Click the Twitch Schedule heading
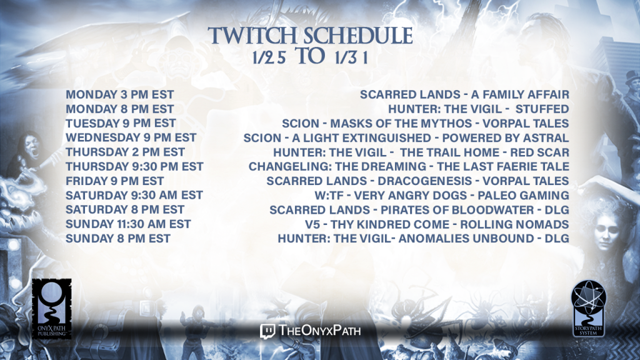310,36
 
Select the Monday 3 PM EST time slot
120,95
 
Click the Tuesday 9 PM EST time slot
121,123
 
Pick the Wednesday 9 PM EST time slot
131,137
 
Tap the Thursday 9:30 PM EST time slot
135,166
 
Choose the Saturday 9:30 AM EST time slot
134,195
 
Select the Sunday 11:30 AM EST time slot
128,224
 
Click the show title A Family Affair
520,95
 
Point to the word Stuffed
542,109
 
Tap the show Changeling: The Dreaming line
409,166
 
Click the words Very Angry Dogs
410,196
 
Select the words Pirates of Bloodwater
457,210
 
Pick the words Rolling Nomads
515,224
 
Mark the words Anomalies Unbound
466,238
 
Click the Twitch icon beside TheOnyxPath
267,331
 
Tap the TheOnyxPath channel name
319,330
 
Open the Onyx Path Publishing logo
51,309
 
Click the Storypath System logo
588,309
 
